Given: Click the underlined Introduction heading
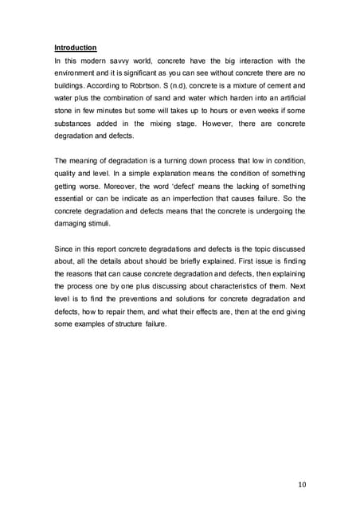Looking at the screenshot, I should point(75,48).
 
